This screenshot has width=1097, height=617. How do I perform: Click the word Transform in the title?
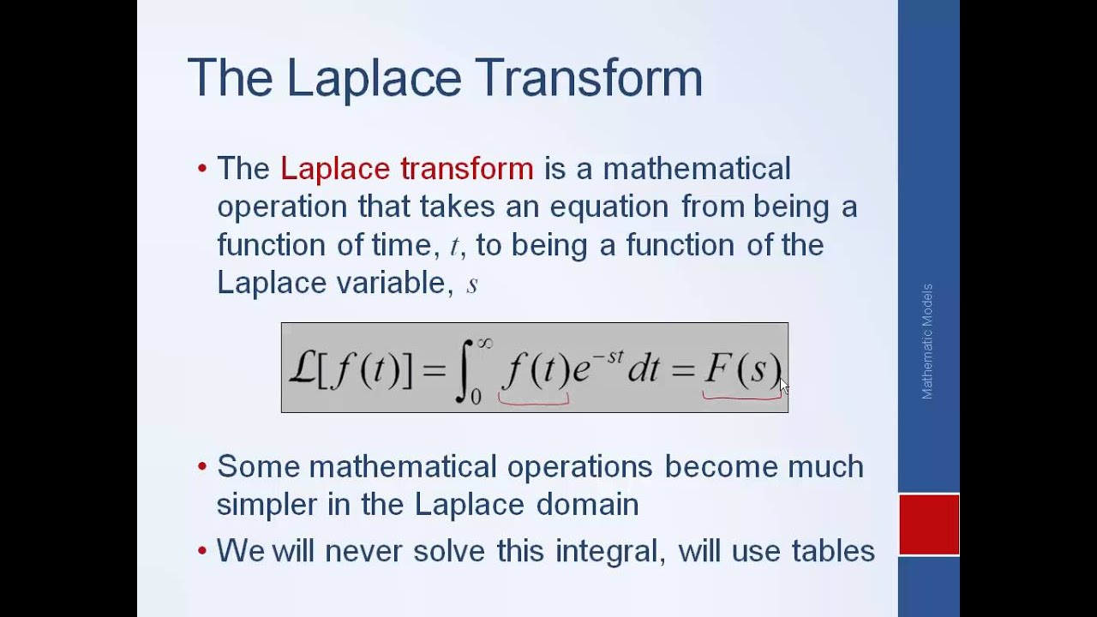coord(588,77)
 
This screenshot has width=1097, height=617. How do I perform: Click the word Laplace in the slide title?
coord(374,77)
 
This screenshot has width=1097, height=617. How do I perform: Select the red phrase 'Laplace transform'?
coord(406,169)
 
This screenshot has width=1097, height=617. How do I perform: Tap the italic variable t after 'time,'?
coord(454,247)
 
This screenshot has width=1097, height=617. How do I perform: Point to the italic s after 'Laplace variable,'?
coord(471,285)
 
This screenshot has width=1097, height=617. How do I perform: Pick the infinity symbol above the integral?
coord(485,343)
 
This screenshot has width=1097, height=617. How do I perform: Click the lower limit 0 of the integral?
coord(477,396)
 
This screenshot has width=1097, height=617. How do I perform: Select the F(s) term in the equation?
coord(742,368)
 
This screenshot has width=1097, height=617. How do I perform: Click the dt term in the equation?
coord(644,369)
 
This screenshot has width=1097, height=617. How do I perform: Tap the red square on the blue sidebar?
coord(929,524)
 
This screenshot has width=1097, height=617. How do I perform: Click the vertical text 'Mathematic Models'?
coord(927,341)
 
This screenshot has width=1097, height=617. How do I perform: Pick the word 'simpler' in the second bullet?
coord(267,505)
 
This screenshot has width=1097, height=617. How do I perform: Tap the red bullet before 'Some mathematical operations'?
coord(202,467)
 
